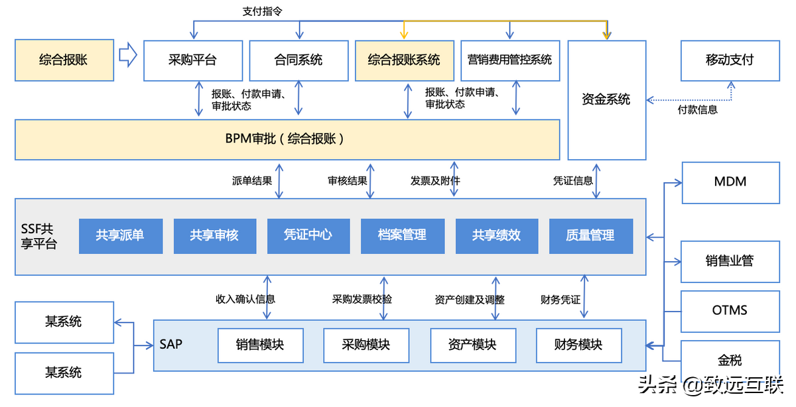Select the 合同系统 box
click(298, 60)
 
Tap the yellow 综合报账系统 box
click(404, 60)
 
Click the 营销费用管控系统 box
click(509, 60)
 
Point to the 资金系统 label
click(606, 99)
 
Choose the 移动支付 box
click(730, 60)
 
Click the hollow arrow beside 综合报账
click(127, 55)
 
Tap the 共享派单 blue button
click(120, 235)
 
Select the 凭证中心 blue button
click(308, 235)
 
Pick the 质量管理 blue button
click(590, 235)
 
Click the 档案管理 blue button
click(402, 235)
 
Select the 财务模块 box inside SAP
click(578, 345)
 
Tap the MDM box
click(730, 182)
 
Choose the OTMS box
click(730, 310)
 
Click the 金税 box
click(730, 361)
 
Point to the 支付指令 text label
click(263, 12)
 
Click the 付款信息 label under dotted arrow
click(697, 110)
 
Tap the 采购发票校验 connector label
click(362, 299)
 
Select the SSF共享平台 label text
click(38, 236)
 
